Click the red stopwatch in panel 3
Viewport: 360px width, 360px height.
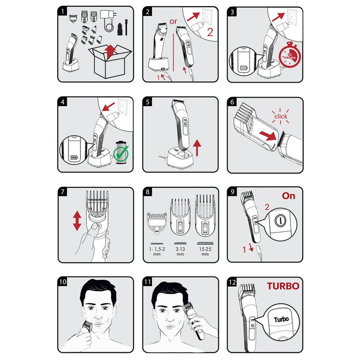(x=290, y=55)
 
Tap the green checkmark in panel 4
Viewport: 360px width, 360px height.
(x=121, y=154)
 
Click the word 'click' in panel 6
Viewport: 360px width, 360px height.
(x=281, y=117)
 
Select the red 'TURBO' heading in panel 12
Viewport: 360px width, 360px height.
(x=283, y=286)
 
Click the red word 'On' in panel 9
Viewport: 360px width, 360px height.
(x=288, y=196)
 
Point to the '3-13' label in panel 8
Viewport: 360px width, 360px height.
(x=180, y=249)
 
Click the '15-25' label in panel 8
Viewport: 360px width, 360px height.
(x=205, y=249)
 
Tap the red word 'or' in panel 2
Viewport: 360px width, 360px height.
(x=173, y=22)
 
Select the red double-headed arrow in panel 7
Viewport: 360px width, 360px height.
(x=77, y=221)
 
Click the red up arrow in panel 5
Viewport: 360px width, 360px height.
(x=197, y=148)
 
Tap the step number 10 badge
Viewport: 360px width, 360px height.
(x=63, y=282)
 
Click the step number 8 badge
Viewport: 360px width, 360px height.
(x=147, y=192)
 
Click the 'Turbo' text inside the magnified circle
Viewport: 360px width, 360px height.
(x=281, y=319)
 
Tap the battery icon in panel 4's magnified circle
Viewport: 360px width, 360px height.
(x=74, y=157)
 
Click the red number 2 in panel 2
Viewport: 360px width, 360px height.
(x=210, y=32)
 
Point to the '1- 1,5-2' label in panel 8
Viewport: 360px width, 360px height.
(x=157, y=249)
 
